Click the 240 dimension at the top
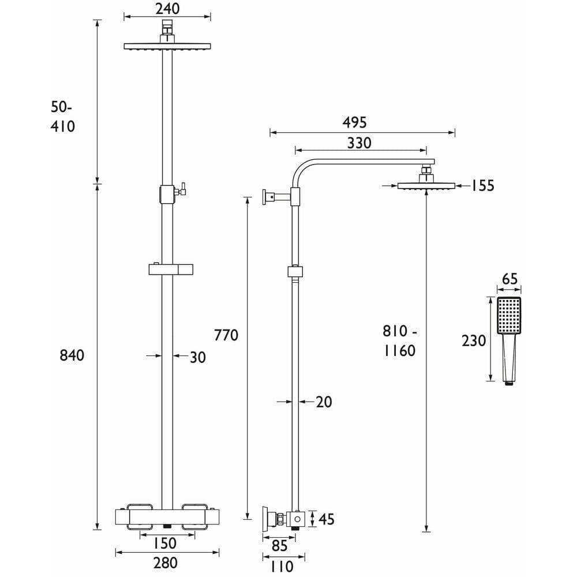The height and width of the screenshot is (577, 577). coord(167,9)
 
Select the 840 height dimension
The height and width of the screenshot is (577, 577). coord(72,355)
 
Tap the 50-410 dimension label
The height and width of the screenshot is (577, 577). coord(63,117)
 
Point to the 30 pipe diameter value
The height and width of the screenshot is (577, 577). coord(197,357)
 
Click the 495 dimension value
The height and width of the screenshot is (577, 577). coord(354,122)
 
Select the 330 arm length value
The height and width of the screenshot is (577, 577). coord(359,143)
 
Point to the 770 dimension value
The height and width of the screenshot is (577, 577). coord(226,335)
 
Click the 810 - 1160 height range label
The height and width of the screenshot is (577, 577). coord(399,340)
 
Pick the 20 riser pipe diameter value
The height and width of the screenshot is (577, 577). coord(324,402)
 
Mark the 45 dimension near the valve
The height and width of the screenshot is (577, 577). coord(327,519)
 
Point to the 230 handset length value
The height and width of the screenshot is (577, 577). coord(474,340)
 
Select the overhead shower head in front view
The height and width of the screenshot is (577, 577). coord(167,46)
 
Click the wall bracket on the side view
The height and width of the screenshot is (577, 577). coord(270,197)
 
